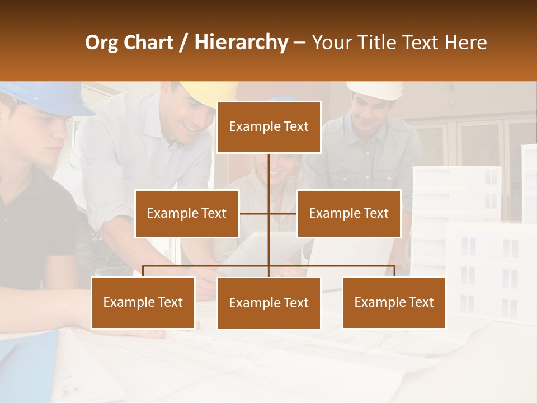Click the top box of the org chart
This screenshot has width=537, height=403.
click(x=268, y=127)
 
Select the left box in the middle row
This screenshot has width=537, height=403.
click(x=187, y=213)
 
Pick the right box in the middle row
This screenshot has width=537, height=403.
click(x=348, y=213)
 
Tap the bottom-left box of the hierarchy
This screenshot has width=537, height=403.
click(x=143, y=302)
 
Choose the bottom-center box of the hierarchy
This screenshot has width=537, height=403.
click(x=268, y=303)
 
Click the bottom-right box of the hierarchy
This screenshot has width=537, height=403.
click(x=394, y=302)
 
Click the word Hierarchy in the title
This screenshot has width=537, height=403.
click(x=241, y=43)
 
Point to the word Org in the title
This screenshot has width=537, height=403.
click(x=101, y=43)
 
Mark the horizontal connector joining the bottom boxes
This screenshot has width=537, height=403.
click(x=207, y=266)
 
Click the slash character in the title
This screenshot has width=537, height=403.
click(x=183, y=43)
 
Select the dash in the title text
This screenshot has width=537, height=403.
click(x=299, y=44)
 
